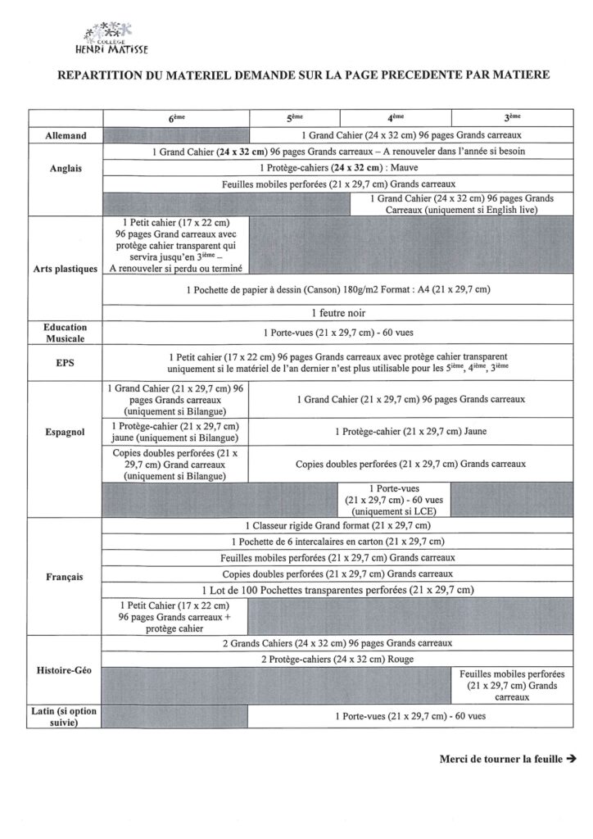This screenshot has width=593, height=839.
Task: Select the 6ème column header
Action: [176, 118]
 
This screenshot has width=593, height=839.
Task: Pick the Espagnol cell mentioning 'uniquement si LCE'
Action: [395, 499]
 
